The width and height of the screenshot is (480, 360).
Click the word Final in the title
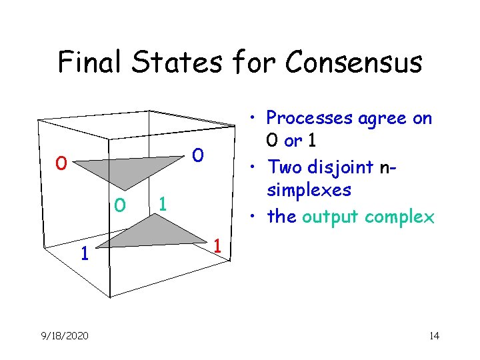click(x=90, y=62)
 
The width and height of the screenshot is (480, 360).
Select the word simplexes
click(x=309, y=191)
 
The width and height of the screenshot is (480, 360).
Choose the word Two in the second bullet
click(x=283, y=166)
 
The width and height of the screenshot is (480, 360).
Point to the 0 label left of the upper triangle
click(x=61, y=163)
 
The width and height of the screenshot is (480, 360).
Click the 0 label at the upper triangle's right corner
click(x=197, y=155)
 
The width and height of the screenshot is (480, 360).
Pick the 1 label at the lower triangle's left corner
click(x=83, y=253)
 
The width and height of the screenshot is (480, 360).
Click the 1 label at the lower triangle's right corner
click(x=218, y=247)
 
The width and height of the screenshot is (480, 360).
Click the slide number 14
click(x=434, y=335)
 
